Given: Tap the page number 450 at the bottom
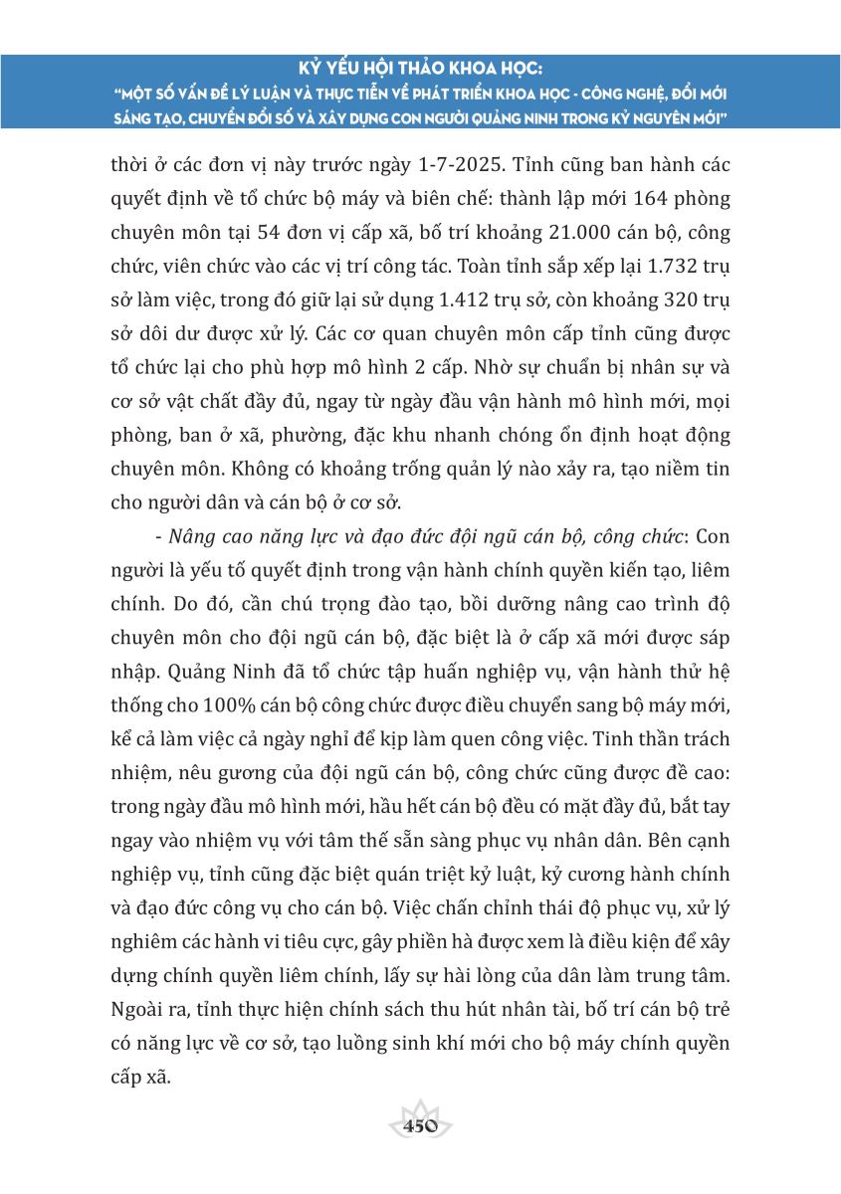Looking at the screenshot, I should click(420, 1126).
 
